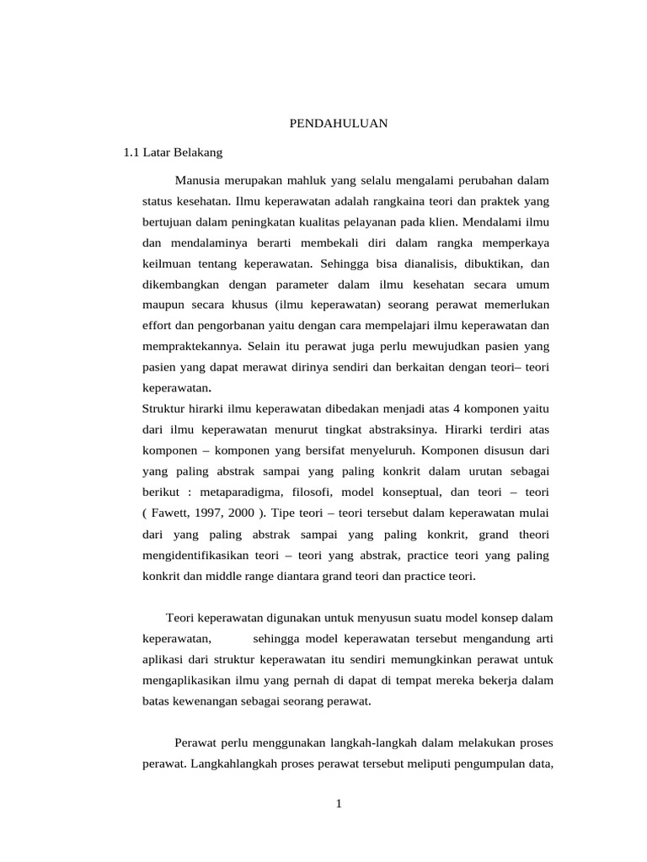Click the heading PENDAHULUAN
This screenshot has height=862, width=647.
(x=338, y=123)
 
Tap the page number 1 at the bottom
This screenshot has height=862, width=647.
(x=339, y=804)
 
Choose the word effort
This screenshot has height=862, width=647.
(x=158, y=326)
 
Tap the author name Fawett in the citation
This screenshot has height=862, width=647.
(x=174, y=512)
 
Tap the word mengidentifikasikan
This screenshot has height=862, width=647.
(x=200, y=556)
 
